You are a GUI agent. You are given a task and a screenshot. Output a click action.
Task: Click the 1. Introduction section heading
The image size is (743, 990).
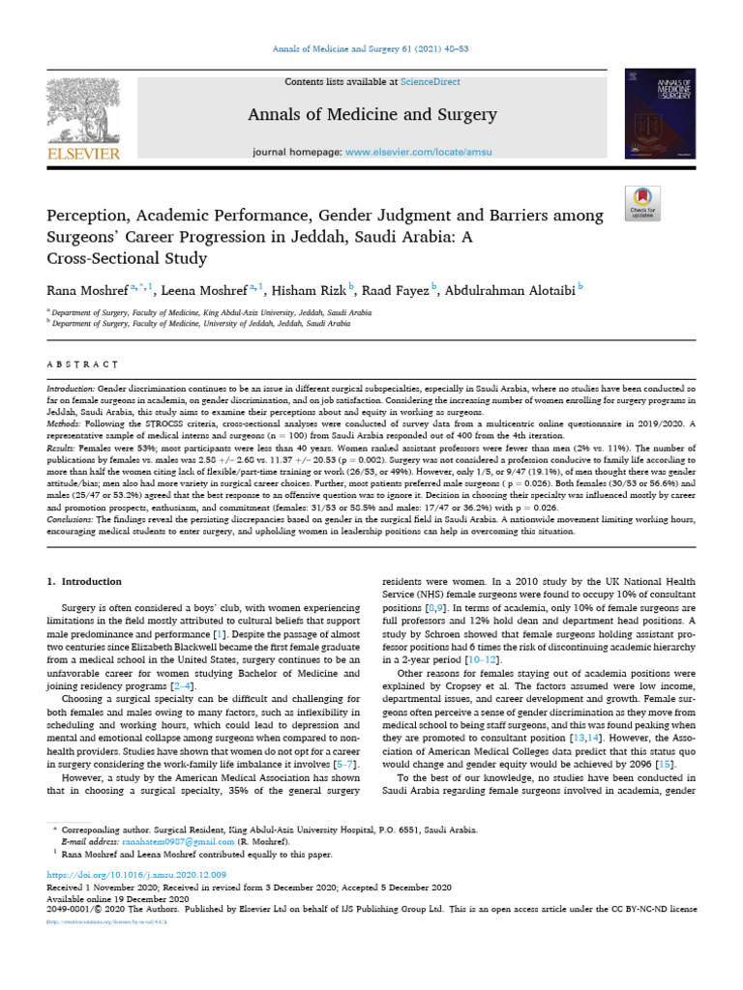point(84,581)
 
